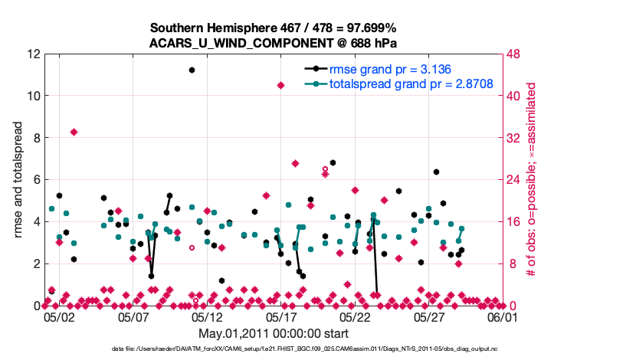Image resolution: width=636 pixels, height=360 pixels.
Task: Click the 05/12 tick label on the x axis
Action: point(207,316)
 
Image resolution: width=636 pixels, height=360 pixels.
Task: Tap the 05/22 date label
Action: point(356,316)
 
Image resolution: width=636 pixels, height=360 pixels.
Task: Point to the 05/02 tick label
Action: point(58,316)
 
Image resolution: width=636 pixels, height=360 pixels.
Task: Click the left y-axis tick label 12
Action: point(32,54)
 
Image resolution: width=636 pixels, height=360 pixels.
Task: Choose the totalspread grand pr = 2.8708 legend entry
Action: point(400,84)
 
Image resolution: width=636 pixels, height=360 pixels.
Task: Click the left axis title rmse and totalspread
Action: point(18,180)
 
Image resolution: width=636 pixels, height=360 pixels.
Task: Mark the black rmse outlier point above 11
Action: point(192,70)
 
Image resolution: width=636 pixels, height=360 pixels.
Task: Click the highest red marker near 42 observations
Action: point(281,85)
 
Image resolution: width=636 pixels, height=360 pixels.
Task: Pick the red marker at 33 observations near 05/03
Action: point(74,132)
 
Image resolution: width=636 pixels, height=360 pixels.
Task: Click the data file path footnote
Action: point(304,349)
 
